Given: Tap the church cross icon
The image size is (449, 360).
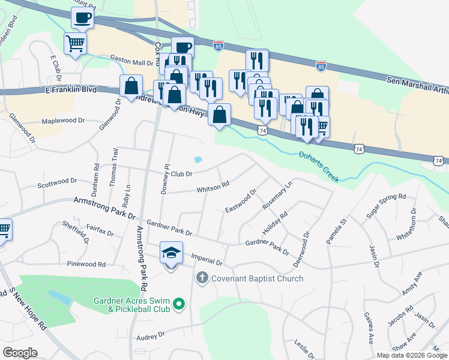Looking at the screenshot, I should [202, 278].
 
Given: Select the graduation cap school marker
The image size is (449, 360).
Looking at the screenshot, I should [171, 254].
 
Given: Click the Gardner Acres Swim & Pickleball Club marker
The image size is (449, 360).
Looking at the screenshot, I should [178, 305].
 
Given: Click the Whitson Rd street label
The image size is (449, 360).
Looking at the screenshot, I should [213, 188].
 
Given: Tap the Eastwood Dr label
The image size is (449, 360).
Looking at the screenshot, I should [241, 201].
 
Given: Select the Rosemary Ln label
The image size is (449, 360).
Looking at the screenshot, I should [277, 196].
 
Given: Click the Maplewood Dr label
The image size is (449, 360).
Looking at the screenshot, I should [65, 121].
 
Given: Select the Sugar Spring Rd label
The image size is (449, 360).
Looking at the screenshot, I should [386, 205].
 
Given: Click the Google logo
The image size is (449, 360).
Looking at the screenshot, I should [20, 353].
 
